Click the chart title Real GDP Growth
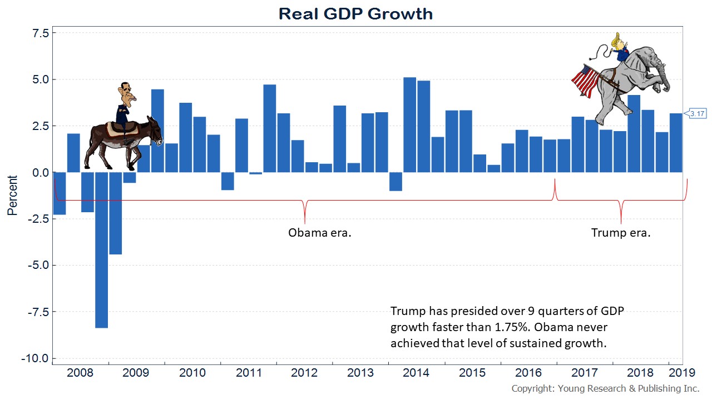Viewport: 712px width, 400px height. [x=355, y=13]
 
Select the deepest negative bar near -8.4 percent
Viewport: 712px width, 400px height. [x=102, y=250]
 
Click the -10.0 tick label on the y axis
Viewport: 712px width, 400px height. [x=36, y=358]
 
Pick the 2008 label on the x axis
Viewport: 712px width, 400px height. [x=81, y=373]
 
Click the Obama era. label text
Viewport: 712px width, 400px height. [x=320, y=233]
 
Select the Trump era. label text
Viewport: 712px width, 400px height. [x=621, y=233]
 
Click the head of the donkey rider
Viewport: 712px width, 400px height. [x=126, y=94]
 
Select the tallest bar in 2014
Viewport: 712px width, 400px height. [x=409, y=125]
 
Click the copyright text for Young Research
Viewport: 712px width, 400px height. [x=605, y=388]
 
